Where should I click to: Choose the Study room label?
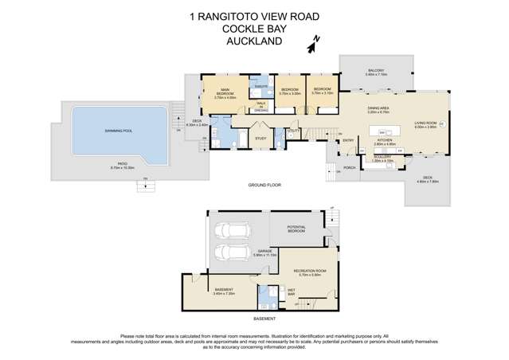[260, 139]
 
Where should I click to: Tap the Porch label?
[349, 167]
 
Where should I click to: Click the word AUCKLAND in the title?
[254, 39]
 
